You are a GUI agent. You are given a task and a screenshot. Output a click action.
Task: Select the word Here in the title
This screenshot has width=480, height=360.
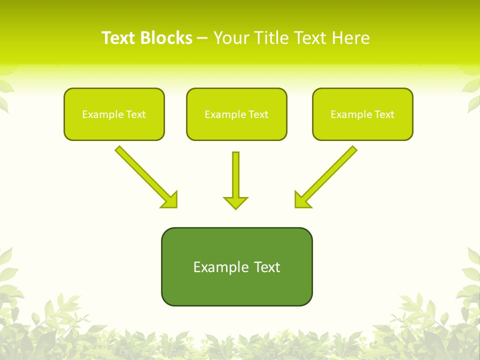[351, 38]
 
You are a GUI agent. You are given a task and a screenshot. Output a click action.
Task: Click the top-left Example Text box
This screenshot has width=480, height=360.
[114, 114]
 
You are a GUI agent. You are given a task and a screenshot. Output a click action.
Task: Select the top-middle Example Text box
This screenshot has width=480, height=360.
[236, 114]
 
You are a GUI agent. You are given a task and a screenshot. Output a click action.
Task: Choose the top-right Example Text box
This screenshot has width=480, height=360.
[362, 114]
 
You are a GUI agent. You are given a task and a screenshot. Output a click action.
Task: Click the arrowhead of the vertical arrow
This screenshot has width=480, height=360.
[235, 202]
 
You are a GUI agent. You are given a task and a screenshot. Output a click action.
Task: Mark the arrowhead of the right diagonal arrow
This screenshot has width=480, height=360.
[301, 200]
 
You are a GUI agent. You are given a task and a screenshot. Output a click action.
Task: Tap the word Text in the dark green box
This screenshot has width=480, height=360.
[267, 267]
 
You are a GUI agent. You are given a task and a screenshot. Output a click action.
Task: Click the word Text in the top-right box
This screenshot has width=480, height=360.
[384, 114]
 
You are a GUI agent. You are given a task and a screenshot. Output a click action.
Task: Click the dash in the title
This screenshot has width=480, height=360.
[202, 38]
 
